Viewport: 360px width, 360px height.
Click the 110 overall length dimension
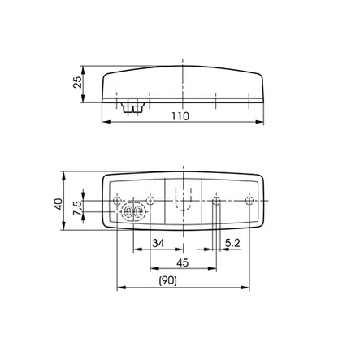(x=180, y=116)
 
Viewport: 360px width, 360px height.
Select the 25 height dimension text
(x=77, y=82)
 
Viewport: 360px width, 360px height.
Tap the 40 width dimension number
(x=58, y=204)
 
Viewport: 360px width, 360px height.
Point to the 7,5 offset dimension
(x=77, y=208)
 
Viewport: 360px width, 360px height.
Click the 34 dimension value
(x=158, y=243)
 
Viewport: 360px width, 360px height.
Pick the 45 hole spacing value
(x=183, y=262)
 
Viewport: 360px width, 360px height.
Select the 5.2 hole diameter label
(x=232, y=243)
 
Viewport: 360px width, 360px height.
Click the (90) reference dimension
(x=168, y=281)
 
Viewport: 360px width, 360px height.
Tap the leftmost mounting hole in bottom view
(x=117, y=201)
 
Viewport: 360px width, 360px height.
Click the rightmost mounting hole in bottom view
(x=249, y=201)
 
